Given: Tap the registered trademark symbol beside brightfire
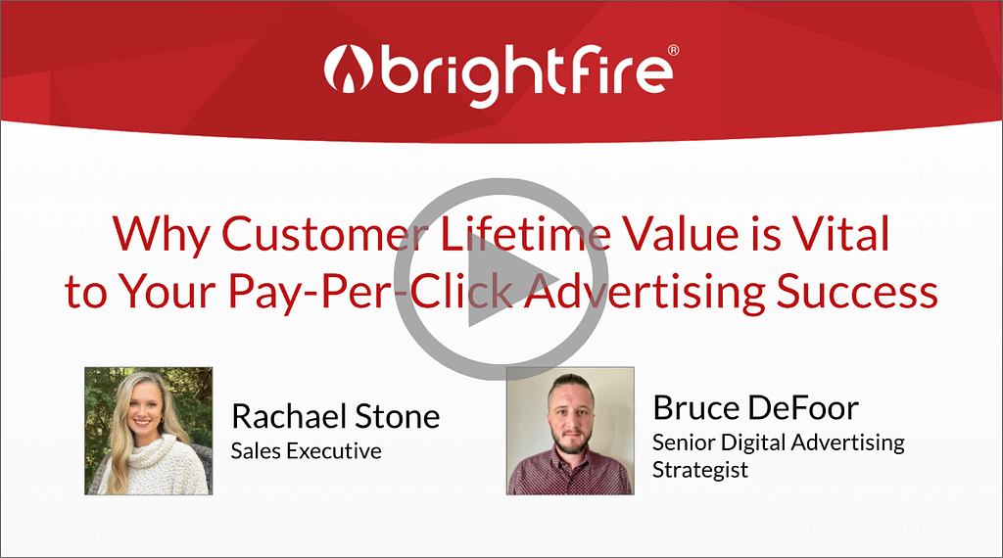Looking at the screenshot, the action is tap(673, 51).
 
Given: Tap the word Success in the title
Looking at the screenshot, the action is tap(857, 292).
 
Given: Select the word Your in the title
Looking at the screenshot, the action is tap(168, 292).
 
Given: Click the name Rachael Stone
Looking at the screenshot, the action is tap(336, 416).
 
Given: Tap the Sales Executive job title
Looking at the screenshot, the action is tap(306, 451).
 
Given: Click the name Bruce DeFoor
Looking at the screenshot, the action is tap(755, 407).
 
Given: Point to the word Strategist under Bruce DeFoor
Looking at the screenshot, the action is tap(699, 470).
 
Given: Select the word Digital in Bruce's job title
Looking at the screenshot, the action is tap(752, 442).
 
